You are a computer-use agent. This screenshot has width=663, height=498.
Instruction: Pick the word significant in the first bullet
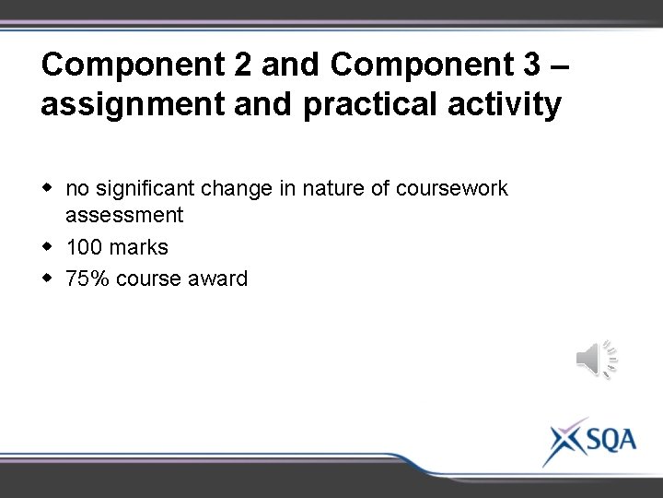coord(148,189)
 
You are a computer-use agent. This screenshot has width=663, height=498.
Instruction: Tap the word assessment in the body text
coord(124,216)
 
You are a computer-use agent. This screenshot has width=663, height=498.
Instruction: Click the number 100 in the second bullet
coord(84,247)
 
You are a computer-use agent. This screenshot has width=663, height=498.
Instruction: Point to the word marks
coord(139,247)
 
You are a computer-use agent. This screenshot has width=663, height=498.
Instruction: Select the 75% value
coord(87,278)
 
